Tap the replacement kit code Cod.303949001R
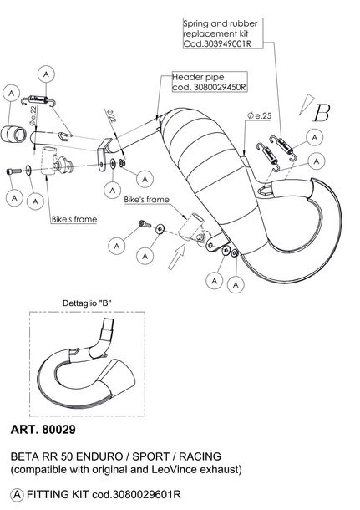coord(217,43)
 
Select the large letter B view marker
coord(321,113)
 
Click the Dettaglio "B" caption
coord(87,303)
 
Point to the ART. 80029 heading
coord(43,430)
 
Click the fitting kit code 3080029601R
coord(136,495)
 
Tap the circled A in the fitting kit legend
coord(17,495)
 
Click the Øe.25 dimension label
coord(259,115)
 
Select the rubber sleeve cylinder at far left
coord(13,134)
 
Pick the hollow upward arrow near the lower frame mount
coord(176,256)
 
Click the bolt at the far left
coord(13,171)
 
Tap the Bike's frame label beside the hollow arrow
coord(146,199)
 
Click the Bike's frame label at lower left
coord(74,219)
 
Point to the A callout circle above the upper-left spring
coord(46,74)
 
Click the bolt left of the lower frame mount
coord(145,224)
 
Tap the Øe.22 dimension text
coord(33,115)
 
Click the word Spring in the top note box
coord(196,23)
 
